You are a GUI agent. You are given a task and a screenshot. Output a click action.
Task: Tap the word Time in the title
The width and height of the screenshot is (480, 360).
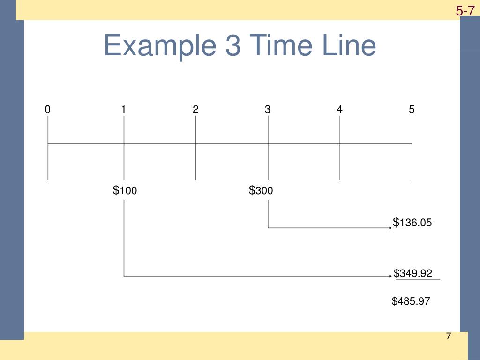(274, 46)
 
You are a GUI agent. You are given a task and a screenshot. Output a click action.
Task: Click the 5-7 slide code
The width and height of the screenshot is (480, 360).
(465, 10)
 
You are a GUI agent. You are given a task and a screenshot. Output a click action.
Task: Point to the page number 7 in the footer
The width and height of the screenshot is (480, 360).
(448, 337)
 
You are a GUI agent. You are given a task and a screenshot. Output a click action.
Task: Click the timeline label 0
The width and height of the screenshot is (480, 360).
(47, 110)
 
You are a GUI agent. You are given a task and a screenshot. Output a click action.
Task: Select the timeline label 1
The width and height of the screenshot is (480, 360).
(123, 110)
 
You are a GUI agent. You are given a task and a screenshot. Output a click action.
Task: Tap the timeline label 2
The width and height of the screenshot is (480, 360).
(195, 110)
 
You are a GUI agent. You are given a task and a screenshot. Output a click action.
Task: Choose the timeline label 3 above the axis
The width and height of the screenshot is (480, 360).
(267, 110)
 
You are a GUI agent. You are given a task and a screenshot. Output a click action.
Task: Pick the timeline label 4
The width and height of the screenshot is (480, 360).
(339, 110)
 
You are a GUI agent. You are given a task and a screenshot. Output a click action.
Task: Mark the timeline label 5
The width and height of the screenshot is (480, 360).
(412, 110)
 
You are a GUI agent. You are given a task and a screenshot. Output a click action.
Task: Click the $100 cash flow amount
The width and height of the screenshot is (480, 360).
(125, 190)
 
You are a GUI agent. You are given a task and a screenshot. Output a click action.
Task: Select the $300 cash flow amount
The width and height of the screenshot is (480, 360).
(261, 190)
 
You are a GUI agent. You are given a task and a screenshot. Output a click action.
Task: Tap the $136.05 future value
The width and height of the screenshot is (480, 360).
(412, 223)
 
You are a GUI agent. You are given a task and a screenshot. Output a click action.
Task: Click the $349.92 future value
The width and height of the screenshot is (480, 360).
(413, 273)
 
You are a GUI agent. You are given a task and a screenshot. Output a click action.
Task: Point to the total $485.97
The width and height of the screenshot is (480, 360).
(411, 301)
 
